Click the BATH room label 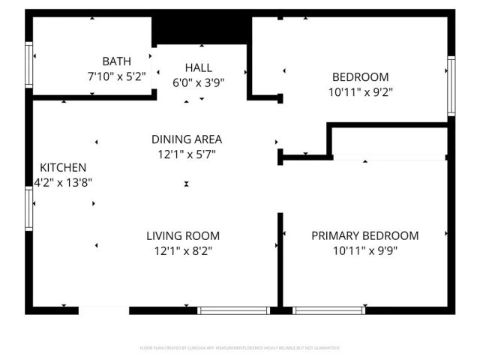(x=117, y=61)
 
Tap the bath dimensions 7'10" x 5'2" (x=117, y=76)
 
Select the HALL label (x=199, y=68)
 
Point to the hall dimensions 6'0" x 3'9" (x=199, y=82)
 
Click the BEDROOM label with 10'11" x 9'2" (x=361, y=76)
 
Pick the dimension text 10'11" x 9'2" (x=361, y=91)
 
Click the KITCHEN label (x=63, y=167)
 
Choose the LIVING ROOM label (x=183, y=235)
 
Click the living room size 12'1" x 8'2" (x=183, y=250)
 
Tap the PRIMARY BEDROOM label (x=365, y=235)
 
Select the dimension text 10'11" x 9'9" (x=365, y=250)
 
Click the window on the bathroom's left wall (x=30, y=66)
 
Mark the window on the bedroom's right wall (x=451, y=85)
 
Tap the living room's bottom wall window (x=233, y=310)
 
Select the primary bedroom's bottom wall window (x=329, y=310)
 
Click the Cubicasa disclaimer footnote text (x=240, y=348)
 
